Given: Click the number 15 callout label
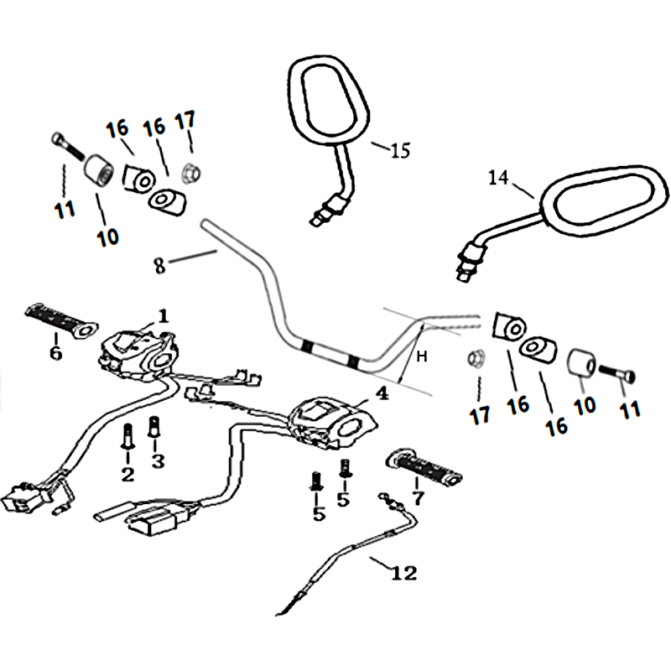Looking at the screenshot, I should click(x=401, y=151).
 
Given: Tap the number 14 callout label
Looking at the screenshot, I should click(x=498, y=177).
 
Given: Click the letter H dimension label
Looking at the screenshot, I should click(x=423, y=356).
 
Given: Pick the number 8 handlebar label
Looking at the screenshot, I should click(x=159, y=265).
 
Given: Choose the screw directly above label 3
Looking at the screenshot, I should click(x=153, y=426).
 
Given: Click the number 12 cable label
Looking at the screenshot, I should click(x=403, y=573).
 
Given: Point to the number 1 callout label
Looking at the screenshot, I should click(x=163, y=316).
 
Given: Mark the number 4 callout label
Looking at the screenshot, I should click(x=382, y=393).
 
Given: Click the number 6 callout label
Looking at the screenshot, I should click(x=55, y=353).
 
